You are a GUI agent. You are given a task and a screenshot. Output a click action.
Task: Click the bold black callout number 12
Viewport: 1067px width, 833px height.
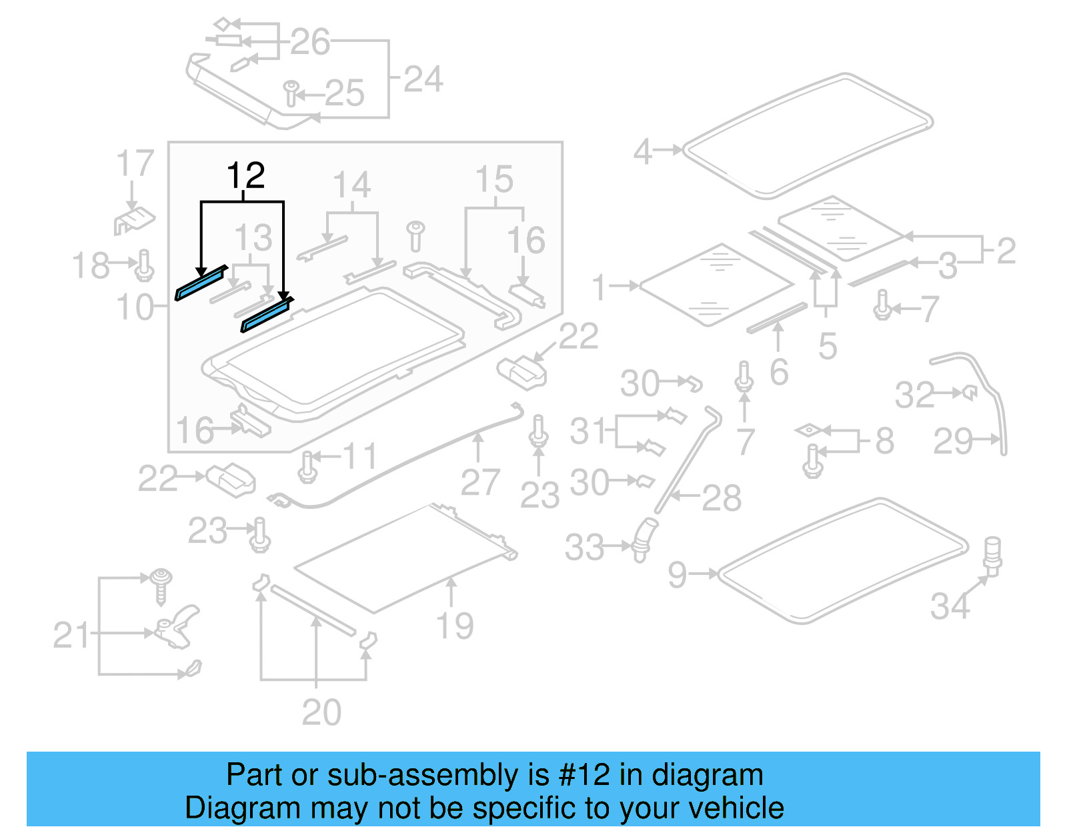245,175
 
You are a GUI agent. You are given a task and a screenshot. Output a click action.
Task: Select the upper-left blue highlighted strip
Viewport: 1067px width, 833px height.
200,283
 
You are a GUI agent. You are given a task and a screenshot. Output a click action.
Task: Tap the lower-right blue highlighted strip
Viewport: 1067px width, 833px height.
266,315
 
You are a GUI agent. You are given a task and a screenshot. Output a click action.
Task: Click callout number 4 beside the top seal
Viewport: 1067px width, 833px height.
642,151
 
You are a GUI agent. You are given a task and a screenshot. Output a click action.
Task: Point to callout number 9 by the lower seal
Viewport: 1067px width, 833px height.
677,574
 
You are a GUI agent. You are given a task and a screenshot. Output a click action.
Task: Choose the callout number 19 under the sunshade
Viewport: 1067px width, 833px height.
454,626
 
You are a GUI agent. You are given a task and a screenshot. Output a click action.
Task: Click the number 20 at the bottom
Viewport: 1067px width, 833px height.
321,712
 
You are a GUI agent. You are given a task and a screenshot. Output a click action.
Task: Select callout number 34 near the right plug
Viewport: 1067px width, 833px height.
950,606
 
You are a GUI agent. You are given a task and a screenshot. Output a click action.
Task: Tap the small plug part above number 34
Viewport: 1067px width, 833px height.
992,555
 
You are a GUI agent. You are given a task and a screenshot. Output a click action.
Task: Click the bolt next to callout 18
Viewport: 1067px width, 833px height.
145,265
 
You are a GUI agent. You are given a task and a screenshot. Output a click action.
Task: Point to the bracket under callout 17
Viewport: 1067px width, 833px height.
134,221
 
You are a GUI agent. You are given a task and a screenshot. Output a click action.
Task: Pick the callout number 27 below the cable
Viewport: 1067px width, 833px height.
479,482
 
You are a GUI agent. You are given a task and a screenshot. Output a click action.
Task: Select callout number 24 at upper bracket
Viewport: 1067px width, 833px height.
423,79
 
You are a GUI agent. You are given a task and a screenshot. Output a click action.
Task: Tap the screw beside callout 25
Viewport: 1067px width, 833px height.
291,93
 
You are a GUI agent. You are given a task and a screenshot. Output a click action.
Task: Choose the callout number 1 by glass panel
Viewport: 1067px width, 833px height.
600,287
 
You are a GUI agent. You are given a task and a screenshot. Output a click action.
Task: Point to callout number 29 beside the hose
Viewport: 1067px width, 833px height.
953,441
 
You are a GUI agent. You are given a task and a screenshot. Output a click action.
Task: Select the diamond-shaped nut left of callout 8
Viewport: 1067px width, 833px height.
808,431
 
